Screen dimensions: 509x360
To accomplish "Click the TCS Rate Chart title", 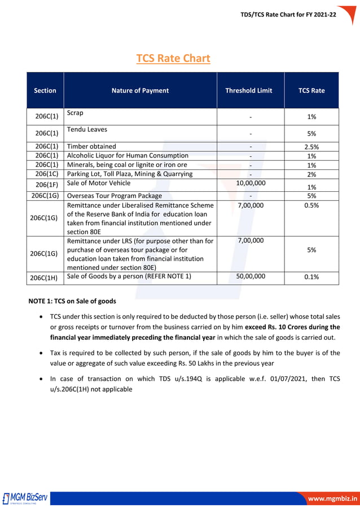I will (173, 58).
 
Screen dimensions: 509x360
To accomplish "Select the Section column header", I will (45, 90).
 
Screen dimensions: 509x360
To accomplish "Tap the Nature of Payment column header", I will (140, 90).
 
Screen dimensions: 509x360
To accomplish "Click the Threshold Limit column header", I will (249, 90).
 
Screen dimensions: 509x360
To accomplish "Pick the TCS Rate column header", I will (311, 90).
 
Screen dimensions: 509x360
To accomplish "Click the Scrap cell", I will (75, 113).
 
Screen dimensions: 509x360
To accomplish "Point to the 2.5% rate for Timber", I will (311, 147).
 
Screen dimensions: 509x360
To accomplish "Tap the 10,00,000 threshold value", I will (251, 183).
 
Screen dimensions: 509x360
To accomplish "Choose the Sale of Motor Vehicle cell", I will (98, 183).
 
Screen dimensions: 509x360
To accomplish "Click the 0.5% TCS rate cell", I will (311, 205).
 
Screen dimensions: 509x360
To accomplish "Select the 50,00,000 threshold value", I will (251, 277).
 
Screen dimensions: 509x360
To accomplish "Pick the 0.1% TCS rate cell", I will (311, 277).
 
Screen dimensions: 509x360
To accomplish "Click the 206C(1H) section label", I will (46, 278).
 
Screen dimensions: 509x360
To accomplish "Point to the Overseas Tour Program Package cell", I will (114, 196).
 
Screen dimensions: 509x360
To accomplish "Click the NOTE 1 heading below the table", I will (72, 301).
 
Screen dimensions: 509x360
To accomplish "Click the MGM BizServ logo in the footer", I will (26, 498).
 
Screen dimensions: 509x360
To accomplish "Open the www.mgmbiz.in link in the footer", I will (332, 499).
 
